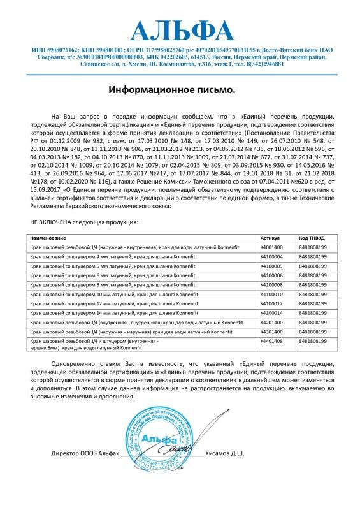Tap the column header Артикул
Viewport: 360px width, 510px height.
[270, 237]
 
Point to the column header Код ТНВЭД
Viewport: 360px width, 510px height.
[311, 237]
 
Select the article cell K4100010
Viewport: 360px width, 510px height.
[271, 295]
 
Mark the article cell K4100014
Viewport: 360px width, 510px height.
[271, 314]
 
